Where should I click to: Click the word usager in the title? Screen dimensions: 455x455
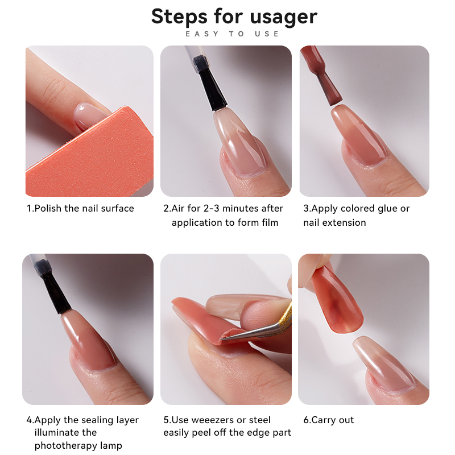283,17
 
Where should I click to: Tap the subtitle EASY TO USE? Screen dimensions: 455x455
232,34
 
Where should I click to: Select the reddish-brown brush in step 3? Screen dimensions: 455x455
321,76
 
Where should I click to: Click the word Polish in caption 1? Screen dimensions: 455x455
48,208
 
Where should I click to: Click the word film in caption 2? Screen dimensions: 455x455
270,222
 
